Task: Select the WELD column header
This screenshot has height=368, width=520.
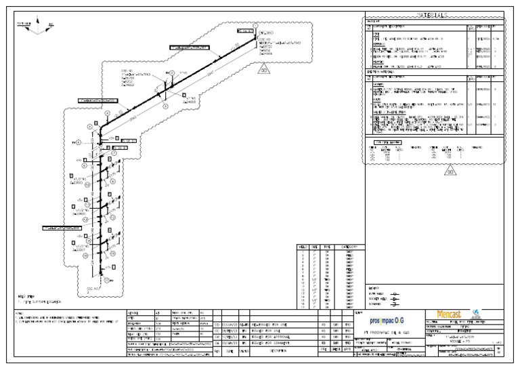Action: (302, 247)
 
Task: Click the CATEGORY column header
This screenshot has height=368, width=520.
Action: (350, 247)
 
